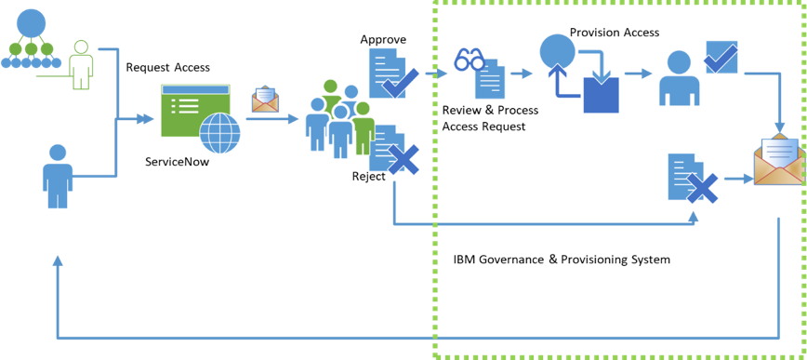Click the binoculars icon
pos(469,60)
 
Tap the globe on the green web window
pos(220,133)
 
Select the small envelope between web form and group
pos(265,99)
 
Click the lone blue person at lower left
pos(58,176)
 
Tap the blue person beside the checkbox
pos(679,78)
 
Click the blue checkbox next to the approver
pos(721,57)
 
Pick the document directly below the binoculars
pos(490,80)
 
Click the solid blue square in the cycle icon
pos(601,95)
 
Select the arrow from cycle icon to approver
pos(638,73)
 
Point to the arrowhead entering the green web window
pos(146,118)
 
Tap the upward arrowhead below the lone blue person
pos(58,261)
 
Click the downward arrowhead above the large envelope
pos(779,127)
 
